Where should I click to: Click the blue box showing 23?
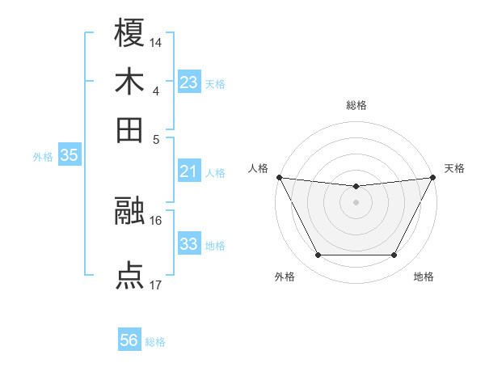[x=189, y=82]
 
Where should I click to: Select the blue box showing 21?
[x=189, y=171]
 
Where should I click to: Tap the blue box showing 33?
[x=189, y=244]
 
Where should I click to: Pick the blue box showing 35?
[x=69, y=156]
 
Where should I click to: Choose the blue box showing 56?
[x=129, y=340]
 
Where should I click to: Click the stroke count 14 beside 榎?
[x=156, y=41]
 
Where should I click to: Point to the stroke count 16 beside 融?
[x=156, y=220]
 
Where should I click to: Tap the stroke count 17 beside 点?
[x=156, y=285]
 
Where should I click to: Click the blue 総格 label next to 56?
[x=155, y=342]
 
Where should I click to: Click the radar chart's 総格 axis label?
[x=356, y=105]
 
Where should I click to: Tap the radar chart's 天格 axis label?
[x=455, y=168]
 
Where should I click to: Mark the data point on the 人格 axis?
[x=279, y=177]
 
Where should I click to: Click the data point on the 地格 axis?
[x=394, y=255]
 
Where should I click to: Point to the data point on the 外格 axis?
[x=318, y=255]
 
